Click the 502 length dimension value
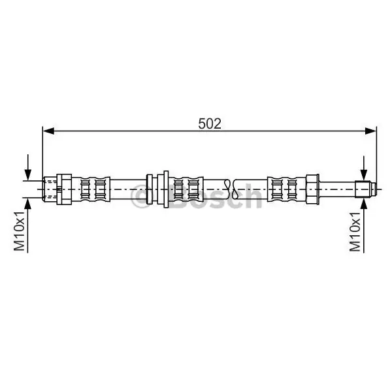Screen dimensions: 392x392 pyautogui.click(x=210, y=123)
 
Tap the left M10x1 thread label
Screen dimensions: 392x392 pyautogui.click(x=19, y=231)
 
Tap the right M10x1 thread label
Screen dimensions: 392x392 pyautogui.click(x=355, y=232)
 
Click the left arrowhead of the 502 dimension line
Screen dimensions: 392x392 pyautogui.click(x=48, y=131)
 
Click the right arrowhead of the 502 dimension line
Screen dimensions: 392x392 pyautogui.click(x=370, y=131)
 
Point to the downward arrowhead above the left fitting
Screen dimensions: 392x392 pyautogui.click(x=28, y=174)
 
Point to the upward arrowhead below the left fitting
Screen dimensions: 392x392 pyautogui.click(x=28, y=203)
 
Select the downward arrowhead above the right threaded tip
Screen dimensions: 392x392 pyautogui.click(x=364, y=175)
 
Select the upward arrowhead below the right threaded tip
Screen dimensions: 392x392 pyautogui.click(x=364, y=203)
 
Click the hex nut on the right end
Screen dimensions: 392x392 pyautogui.click(x=312, y=189)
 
